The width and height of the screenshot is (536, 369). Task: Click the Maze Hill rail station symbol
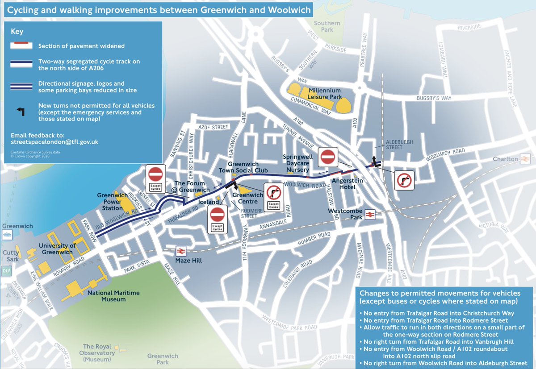click(x=181, y=251)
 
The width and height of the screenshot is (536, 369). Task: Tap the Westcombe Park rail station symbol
click(x=369, y=215)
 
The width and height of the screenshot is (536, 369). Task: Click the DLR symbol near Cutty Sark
click(x=6, y=271)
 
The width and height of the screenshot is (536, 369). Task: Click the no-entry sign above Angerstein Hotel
click(x=328, y=157)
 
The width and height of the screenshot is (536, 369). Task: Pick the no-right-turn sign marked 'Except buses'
click(x=273, y=197)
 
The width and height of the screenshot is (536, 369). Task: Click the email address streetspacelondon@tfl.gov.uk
click(x=54, y=142)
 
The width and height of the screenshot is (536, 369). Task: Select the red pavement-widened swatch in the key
click(x=21, y=46)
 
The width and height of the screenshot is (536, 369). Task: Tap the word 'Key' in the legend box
click(x=17, y=32)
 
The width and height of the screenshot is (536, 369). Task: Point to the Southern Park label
click(x=327, y=26)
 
